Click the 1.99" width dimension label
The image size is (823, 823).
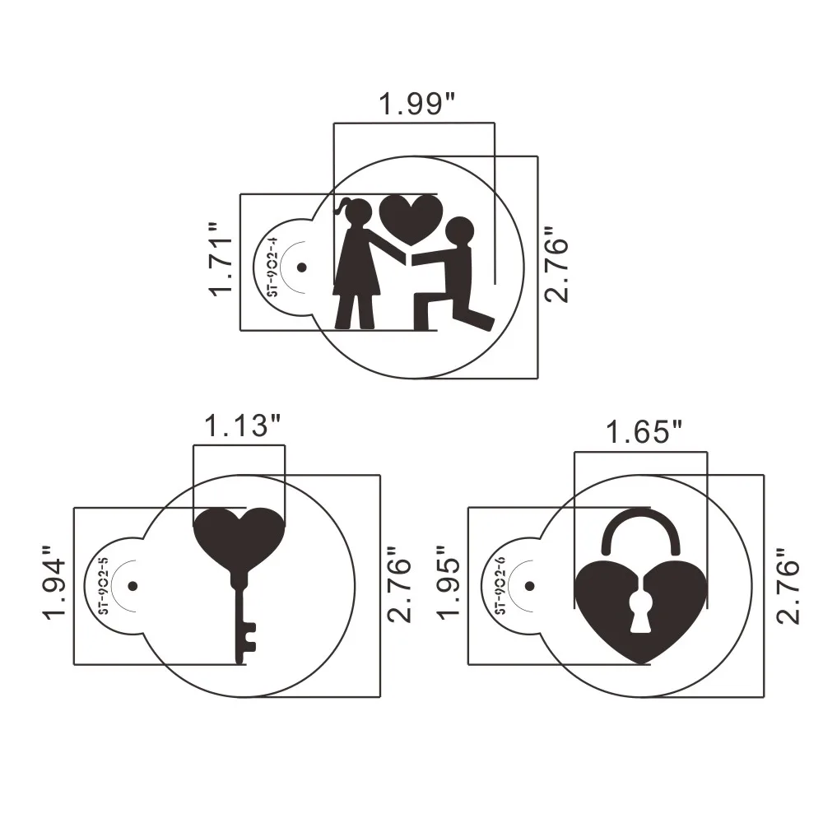point(417,104)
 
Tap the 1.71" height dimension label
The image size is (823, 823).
point(221,260)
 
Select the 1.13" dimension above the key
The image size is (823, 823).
point(242,425)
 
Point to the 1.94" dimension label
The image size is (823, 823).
point(54,583)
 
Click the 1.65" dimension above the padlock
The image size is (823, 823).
point(644,433)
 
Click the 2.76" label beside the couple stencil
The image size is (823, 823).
point(557,265)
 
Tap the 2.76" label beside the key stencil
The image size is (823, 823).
point(399,585)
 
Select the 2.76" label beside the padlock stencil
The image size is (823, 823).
point(788,585)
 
